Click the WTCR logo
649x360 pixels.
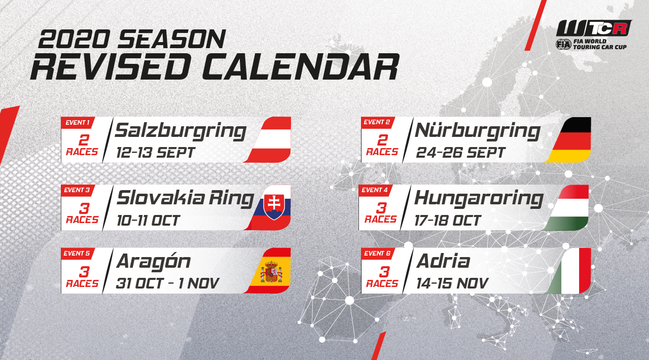point(593,35)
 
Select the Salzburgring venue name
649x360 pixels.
point(181,131)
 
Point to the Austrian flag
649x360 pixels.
point(268,140)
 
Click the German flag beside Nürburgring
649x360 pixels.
point(568,140)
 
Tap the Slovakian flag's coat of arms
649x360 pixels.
point(274,206)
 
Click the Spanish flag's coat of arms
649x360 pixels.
point(271,272)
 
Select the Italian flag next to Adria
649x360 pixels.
point(568,271)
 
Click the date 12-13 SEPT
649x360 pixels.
point(155,153)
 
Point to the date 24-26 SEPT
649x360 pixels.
point(460,153)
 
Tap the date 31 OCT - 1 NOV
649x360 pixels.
point(167,283)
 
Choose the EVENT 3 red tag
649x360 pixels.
point(77,190)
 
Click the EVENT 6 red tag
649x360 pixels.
point(378,254)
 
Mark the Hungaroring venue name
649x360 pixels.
point(479,199)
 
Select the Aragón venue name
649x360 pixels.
point(154,262)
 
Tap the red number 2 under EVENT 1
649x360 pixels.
point(84,140)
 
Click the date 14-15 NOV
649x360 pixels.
point(452,283)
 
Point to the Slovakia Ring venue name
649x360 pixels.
point(186,199)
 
